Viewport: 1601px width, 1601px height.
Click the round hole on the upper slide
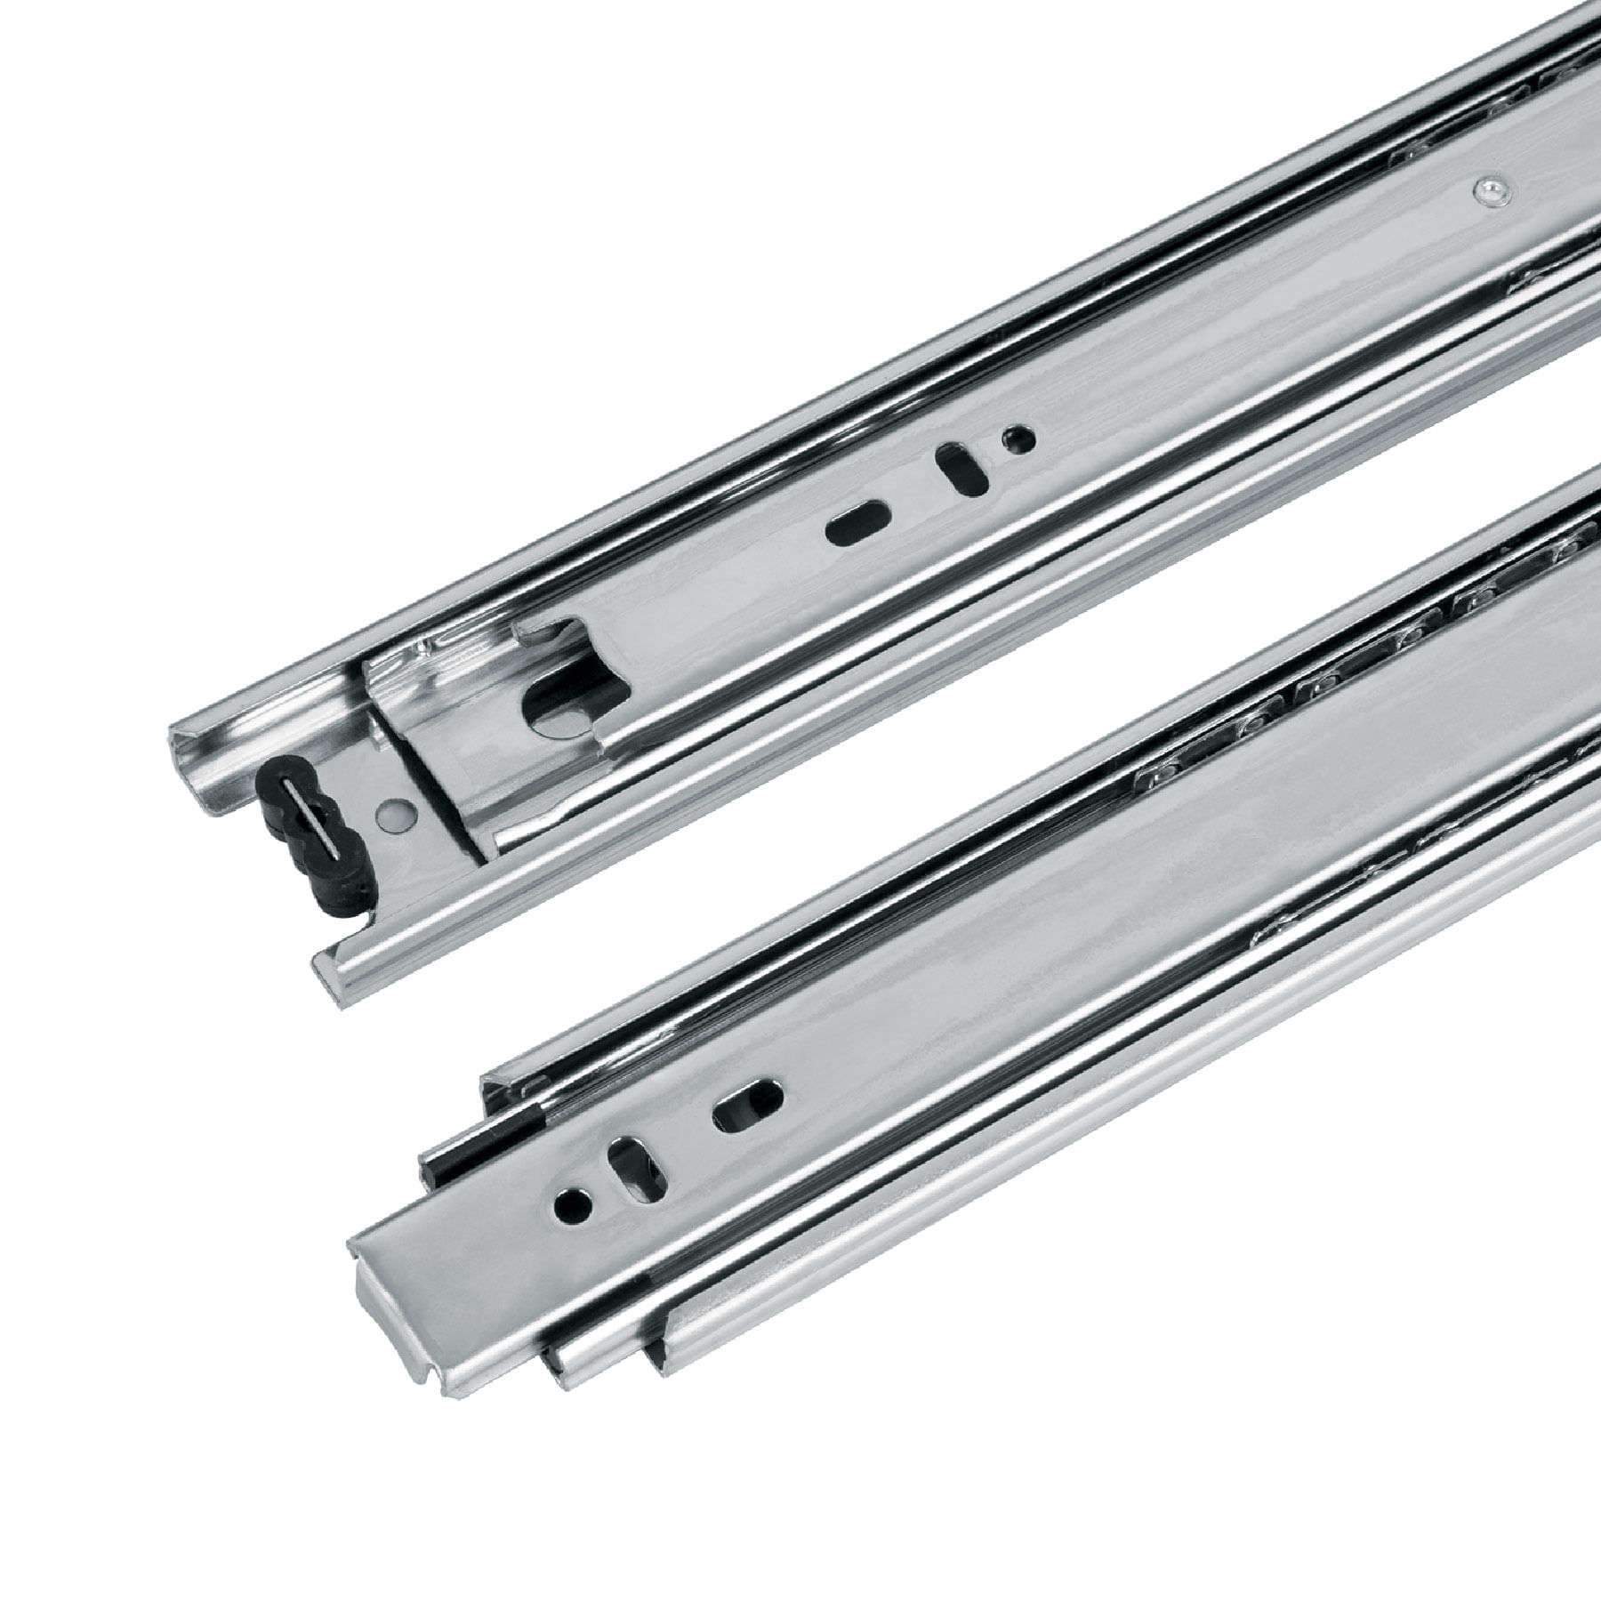coord(1018,438)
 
